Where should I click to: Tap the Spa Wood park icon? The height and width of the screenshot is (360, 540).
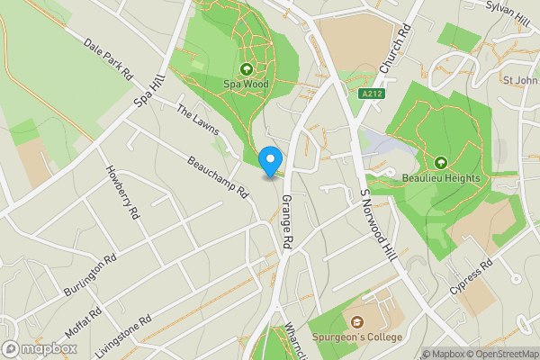coord(246,69)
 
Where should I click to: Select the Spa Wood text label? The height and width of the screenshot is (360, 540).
coord(246,85)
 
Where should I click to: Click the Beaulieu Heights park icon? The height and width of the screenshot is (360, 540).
coord(441,162)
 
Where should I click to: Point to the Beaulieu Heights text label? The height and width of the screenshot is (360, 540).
coord(441,178)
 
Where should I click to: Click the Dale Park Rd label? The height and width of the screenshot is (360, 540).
coord(108,57)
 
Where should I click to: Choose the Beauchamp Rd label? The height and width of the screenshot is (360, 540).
coord(218,176)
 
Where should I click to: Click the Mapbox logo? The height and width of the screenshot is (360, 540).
coord(40,348)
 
